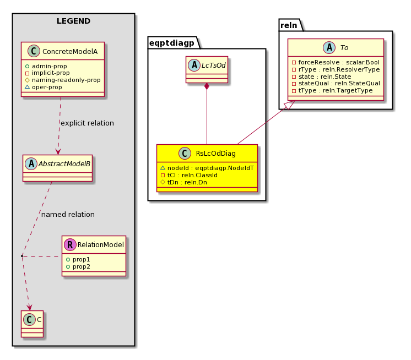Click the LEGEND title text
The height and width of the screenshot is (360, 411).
(73, 21)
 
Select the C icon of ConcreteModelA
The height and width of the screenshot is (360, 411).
(34, 51)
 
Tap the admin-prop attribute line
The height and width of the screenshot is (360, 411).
(46, 66)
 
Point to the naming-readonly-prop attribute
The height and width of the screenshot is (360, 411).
(63, 80)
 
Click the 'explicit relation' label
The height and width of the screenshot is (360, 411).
(87, 123)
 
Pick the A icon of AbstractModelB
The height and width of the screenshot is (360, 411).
(31, 163)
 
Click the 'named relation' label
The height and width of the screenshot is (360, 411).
(68, 215)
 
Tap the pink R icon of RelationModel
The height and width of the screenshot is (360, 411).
(70, 244)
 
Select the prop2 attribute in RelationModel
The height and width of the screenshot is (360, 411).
(78, 266)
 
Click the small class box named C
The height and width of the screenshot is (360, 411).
(33, 324)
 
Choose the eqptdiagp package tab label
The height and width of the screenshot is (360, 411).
(172, 43)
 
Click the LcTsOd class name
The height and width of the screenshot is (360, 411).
(213, 65)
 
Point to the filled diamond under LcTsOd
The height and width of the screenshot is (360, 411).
(207, 86)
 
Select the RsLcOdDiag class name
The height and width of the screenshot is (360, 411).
(216, 153)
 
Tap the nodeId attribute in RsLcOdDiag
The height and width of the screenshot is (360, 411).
(207, 168)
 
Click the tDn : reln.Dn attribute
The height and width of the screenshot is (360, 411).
(183, 182)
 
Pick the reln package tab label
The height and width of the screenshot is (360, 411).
(289, 25)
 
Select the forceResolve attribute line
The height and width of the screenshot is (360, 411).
(336, 62)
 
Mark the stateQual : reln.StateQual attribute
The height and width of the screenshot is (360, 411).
(336, 83)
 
